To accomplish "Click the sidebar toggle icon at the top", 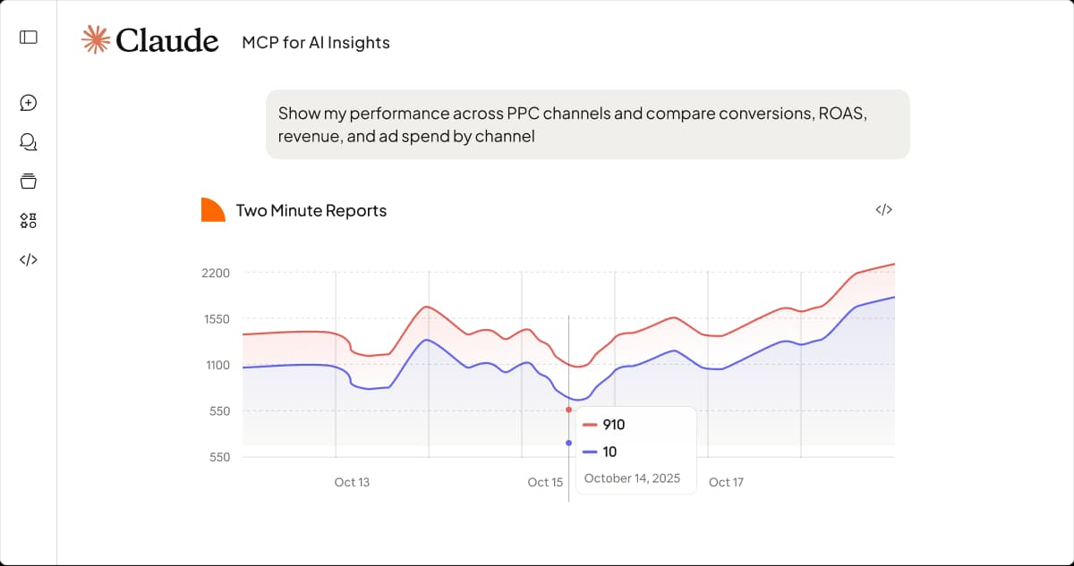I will point(29,37).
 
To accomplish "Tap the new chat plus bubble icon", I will point(29,103).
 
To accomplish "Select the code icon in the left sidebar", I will point(29,260).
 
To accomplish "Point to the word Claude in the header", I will point(167,40).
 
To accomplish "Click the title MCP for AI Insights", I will point(316,42).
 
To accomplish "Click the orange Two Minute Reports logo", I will point(212,210).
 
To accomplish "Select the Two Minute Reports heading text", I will point(311,211).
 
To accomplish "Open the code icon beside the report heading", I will point(883,210).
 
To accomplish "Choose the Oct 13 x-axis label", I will point(352,482).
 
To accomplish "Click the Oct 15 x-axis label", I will point(545,482).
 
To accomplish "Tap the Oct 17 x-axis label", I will point(726,482).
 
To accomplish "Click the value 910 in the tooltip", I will point(614,425).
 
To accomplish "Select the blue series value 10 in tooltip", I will point(609,452).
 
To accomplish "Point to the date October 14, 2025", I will point(632,478).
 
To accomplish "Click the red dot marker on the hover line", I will point(568,410).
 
